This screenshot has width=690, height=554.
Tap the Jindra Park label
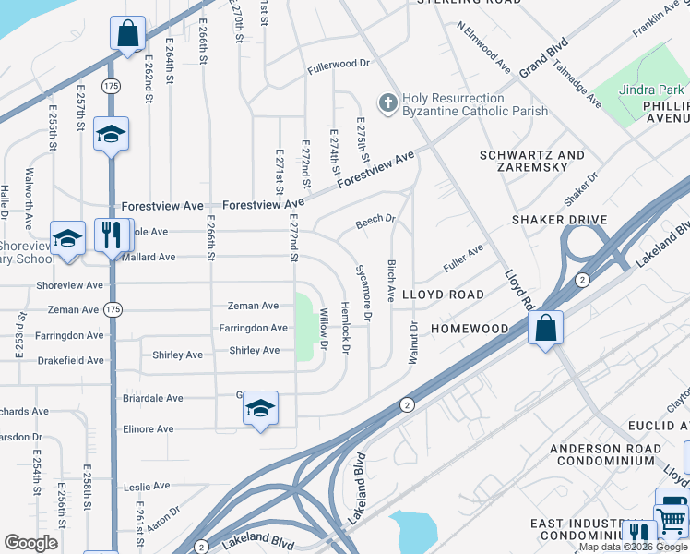click(x=652, y=90)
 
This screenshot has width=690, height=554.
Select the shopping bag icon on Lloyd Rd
click(x=545, y=328)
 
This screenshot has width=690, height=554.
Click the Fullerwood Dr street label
click(x=339, y=66)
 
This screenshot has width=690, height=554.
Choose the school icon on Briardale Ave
click(x=261, y=409)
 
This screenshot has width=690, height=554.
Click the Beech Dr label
click(x=375, y=222)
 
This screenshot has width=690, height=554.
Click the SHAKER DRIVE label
click(x=561, y=219)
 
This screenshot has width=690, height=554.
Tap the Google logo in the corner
click(x=31, y=543)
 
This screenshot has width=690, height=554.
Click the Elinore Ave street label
click(x=148, y=429)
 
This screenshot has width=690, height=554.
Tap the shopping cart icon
click(x=672, y=521)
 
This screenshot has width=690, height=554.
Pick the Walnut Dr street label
click(x=412, y=343)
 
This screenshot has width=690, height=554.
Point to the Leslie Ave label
click(x=147, y=486)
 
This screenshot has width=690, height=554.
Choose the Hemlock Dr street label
click(x=345, y=327)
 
